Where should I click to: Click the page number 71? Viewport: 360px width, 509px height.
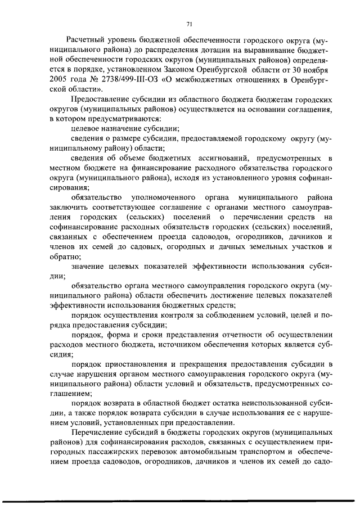(190, 24)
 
